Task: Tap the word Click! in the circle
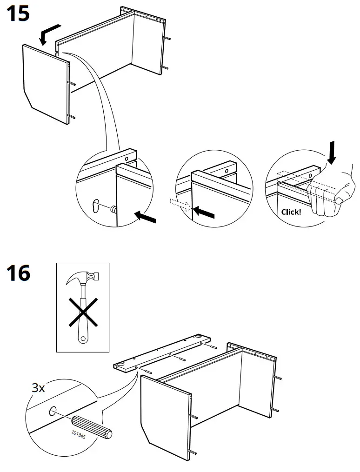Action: pos(291,212)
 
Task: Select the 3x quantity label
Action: pos(38,388)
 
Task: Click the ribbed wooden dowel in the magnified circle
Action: pos(92,427)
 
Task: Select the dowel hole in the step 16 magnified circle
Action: pos(53,410)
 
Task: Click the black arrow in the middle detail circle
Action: pos(204,213)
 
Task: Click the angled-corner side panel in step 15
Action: pos(45,84)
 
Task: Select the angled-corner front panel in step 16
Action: pos(165,419)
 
